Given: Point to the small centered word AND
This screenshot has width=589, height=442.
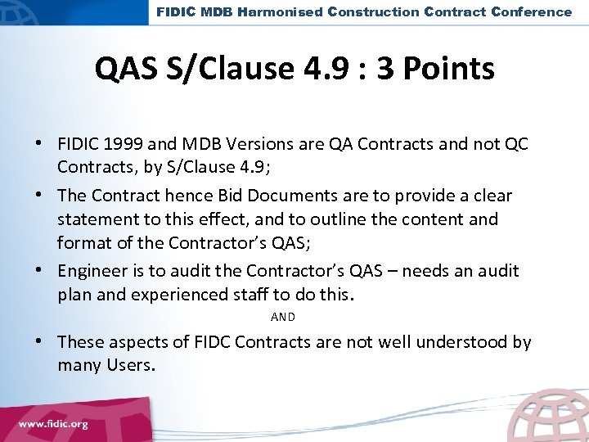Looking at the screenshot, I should click(x=282, y=316).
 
